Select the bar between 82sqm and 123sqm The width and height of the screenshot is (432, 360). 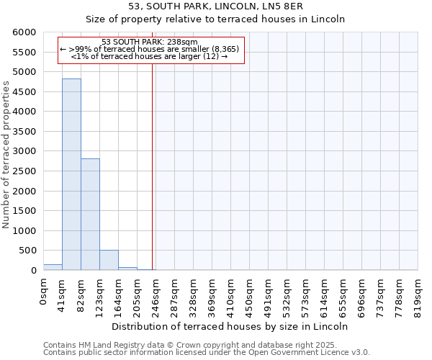click(90, 215)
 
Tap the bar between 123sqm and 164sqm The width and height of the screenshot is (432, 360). click(109, 260)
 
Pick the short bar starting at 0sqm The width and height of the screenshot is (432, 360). click(53, 267)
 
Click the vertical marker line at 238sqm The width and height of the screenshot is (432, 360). click(153, 166)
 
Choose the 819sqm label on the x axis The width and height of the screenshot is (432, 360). click(418, 294)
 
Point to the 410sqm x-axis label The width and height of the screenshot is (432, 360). click(231, 294)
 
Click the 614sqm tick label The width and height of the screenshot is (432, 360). click(325, 294)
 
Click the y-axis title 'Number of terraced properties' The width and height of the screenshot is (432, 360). click(6, 155)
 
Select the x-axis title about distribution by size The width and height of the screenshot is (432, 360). click(230, 326)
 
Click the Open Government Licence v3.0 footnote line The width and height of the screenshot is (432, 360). click(207, 353)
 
